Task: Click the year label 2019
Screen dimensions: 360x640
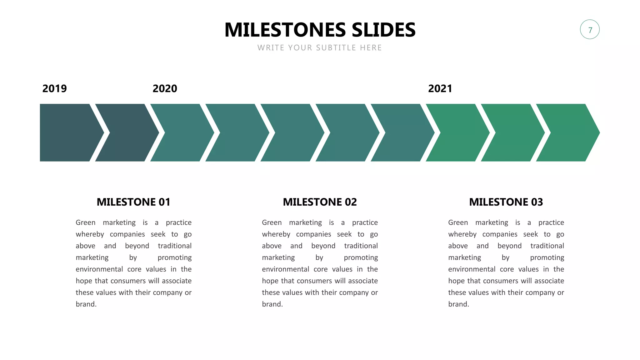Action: tap(54, 88)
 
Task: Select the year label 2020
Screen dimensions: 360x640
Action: tap(165, 88)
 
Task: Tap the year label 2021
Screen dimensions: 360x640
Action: tap(440, 88)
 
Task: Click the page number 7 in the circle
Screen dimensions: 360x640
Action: tap(590, 30)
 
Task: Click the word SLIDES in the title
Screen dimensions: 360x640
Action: tap(383, 30)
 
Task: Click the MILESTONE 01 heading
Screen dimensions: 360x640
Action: tap(133, 202)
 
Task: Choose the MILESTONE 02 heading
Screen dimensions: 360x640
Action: tap(320, 202)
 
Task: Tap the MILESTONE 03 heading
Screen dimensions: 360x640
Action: tap(506, 202)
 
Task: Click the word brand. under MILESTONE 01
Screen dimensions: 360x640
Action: tap(86, 304)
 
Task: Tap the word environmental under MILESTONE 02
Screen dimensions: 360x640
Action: tap(285, 269)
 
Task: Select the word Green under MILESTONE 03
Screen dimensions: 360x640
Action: tap(458, 222)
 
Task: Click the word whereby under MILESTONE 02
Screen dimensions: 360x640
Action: tap(276, 234)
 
